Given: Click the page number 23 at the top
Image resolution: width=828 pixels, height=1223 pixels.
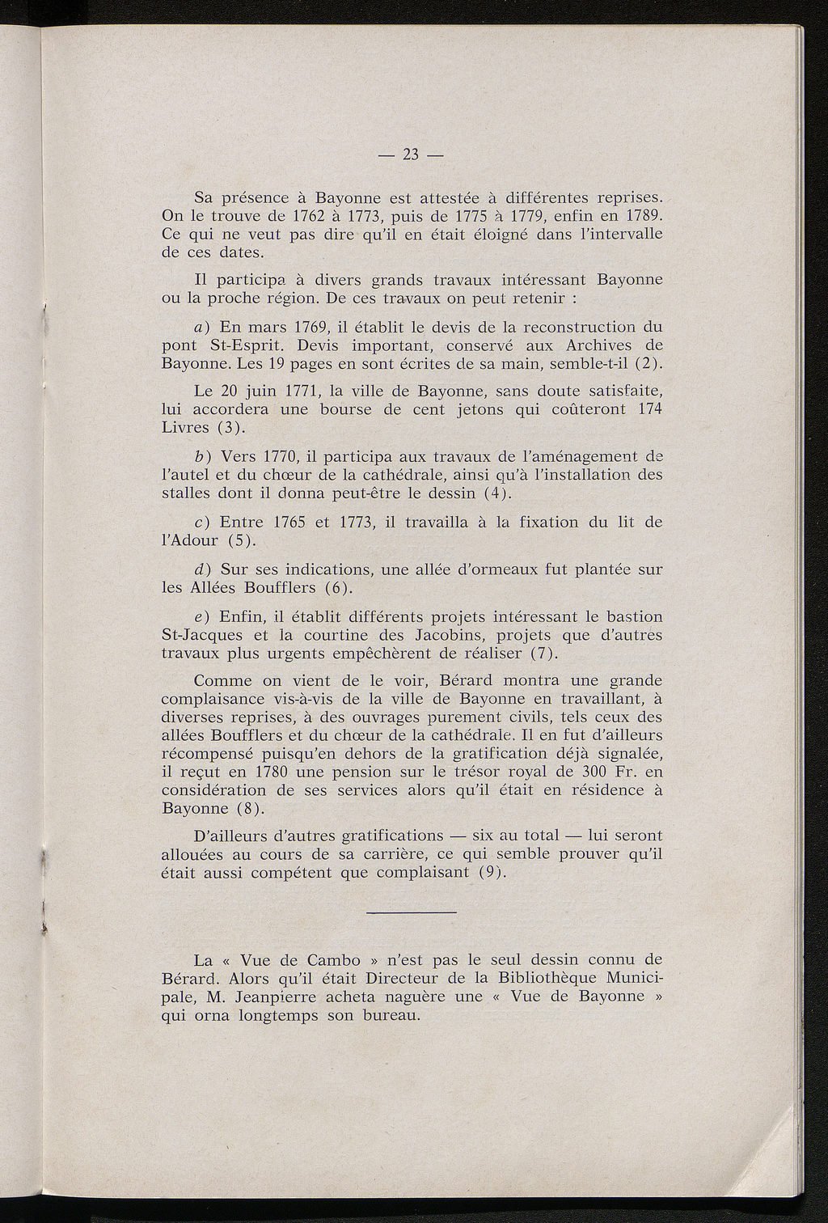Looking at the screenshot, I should coord(412,155).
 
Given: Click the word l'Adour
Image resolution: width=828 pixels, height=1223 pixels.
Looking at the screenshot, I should coord(190,541).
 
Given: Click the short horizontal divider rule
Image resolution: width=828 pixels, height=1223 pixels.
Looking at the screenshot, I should coord(412,912).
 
